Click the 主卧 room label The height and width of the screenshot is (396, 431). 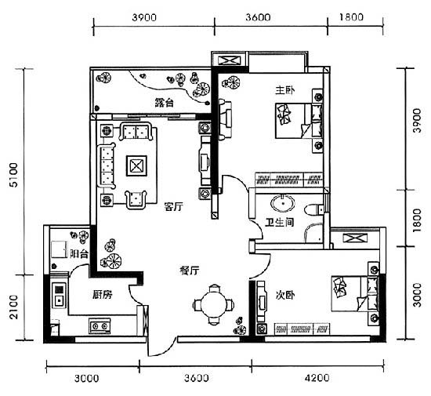(285, 90)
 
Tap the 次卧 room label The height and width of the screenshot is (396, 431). (285, 295)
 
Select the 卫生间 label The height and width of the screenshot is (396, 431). (280, 222)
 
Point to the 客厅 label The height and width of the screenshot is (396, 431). (173, 206)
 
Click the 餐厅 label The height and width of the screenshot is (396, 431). (190, 271)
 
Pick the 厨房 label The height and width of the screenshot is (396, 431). (102, 295)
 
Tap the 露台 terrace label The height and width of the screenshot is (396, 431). (164, 103)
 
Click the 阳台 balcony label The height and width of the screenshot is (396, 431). (79, 253)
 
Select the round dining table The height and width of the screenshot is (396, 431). (214, 305)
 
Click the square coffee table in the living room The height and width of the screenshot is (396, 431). (136, 165)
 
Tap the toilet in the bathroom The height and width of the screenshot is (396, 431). (314, 209)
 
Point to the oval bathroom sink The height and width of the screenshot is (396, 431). (283, 203)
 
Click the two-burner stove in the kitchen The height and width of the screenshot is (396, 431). (100, 326)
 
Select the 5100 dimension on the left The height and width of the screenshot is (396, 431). (13, 175)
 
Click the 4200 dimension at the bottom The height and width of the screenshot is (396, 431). (317, 378)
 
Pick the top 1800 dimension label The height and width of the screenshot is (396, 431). (351, 17)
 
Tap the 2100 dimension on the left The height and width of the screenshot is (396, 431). (13, 307)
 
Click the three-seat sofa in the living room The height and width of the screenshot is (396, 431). (106, 165)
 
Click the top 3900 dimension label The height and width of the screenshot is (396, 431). (144, 17)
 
